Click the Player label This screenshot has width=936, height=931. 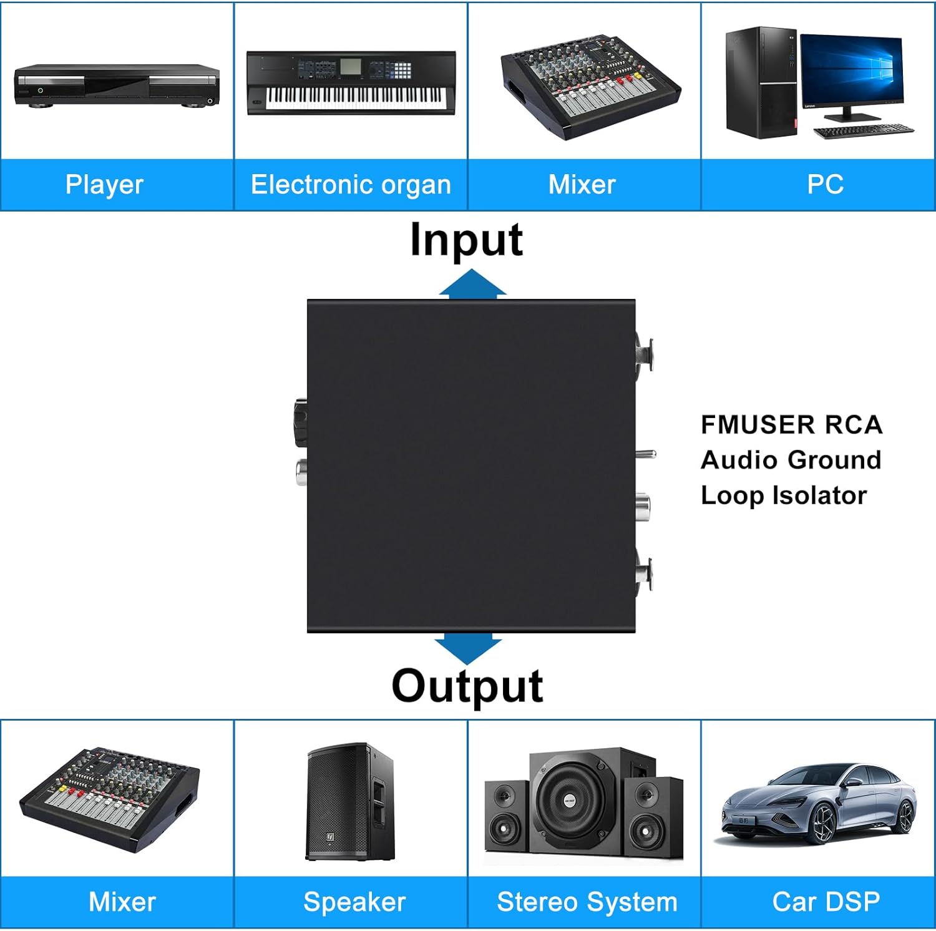pyautogui.click(x=104, y=185)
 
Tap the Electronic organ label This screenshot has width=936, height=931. pyautogui.click(x=351, y=185)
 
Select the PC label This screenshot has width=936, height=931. pyautogui.click(x=825, y=185)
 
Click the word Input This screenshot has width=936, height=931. pyautogui.click(x=466, y=240)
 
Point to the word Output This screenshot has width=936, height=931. pyautogui.click(x=467, y=686)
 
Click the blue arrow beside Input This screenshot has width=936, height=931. pyautogui.click(x=472, y=283)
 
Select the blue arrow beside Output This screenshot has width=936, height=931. pyautogui.click(x=468, y=648)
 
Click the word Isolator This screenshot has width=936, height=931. pyautogui.click(x=819, y=495)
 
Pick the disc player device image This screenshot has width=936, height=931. pyautogui.click(x=117, y=85)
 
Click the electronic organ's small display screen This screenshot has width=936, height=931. pyautogui.click(x=351, y=66)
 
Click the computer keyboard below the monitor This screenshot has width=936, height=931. pyautogui.click(x=863, y=131)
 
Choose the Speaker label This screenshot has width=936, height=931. pyautogui.click(x=354, y=902)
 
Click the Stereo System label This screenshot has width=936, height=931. pyautogui.click(x=587, y=902)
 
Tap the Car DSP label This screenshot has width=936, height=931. pyautogui.click(x=826, y=902)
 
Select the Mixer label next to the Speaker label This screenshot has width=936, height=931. pyautogui.click(x=122, y=902)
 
